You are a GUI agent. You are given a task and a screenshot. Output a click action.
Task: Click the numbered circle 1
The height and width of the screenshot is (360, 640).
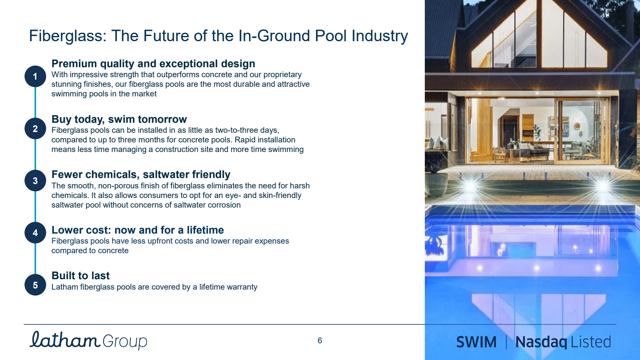35,76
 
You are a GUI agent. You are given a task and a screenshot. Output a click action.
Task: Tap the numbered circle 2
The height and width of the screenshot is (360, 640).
35,128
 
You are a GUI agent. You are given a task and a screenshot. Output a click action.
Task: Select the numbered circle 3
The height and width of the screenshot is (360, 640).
35,180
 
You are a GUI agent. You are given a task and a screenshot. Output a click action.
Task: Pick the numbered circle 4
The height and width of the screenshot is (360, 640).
35,233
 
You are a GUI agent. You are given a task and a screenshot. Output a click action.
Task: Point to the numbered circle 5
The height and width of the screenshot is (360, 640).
35,285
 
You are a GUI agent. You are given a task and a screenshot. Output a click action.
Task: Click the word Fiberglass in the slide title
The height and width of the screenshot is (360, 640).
68,36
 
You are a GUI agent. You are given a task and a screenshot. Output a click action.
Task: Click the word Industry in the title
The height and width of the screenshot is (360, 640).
380,36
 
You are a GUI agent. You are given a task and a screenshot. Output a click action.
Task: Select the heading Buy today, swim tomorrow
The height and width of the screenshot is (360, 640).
119,119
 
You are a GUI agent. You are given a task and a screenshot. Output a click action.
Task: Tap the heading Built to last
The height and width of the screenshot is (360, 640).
80,276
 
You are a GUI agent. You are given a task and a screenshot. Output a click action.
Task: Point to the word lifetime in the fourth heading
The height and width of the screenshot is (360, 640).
205,230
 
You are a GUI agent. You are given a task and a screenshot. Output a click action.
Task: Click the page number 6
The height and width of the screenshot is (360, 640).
320,340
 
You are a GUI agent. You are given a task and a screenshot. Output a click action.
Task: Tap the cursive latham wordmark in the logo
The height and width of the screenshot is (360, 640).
64,340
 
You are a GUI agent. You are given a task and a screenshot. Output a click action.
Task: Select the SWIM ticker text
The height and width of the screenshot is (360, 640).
476,342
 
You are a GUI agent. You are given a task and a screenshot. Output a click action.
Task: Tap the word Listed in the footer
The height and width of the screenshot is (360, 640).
590,342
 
